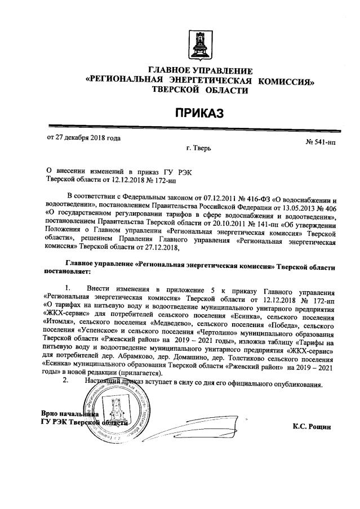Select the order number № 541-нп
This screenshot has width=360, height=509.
(x=321, y=142)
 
